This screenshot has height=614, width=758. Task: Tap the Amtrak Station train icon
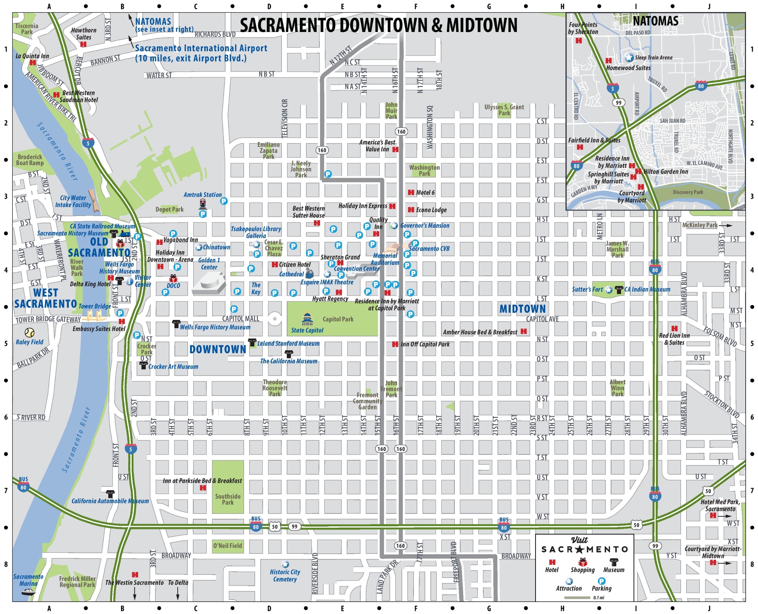point(202,204)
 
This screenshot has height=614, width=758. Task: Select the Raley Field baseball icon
point(29,333)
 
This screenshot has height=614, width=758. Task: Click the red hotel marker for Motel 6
point(411,192)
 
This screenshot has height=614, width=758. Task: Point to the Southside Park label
point(228,499)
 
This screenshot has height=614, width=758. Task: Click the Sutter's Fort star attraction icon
point(608,290)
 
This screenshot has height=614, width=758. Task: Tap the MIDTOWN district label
point(522,309)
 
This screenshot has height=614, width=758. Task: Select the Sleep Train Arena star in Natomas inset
point(629,57)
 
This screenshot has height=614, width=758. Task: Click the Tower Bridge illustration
point(95,315)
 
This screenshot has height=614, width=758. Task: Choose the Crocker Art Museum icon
point(143,366)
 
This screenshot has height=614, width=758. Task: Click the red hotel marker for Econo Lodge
point(411,210)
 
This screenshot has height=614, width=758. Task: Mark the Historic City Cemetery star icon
point(285,564)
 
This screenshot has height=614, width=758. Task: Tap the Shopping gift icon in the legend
point(583,562)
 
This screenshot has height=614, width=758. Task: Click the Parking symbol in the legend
point(602,581)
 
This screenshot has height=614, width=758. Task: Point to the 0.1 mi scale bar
point(577,598)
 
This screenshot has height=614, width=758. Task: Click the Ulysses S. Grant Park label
point(504,110)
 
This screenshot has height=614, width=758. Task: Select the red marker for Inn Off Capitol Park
point(395,344)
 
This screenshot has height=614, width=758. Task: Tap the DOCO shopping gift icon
point(173,278)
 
